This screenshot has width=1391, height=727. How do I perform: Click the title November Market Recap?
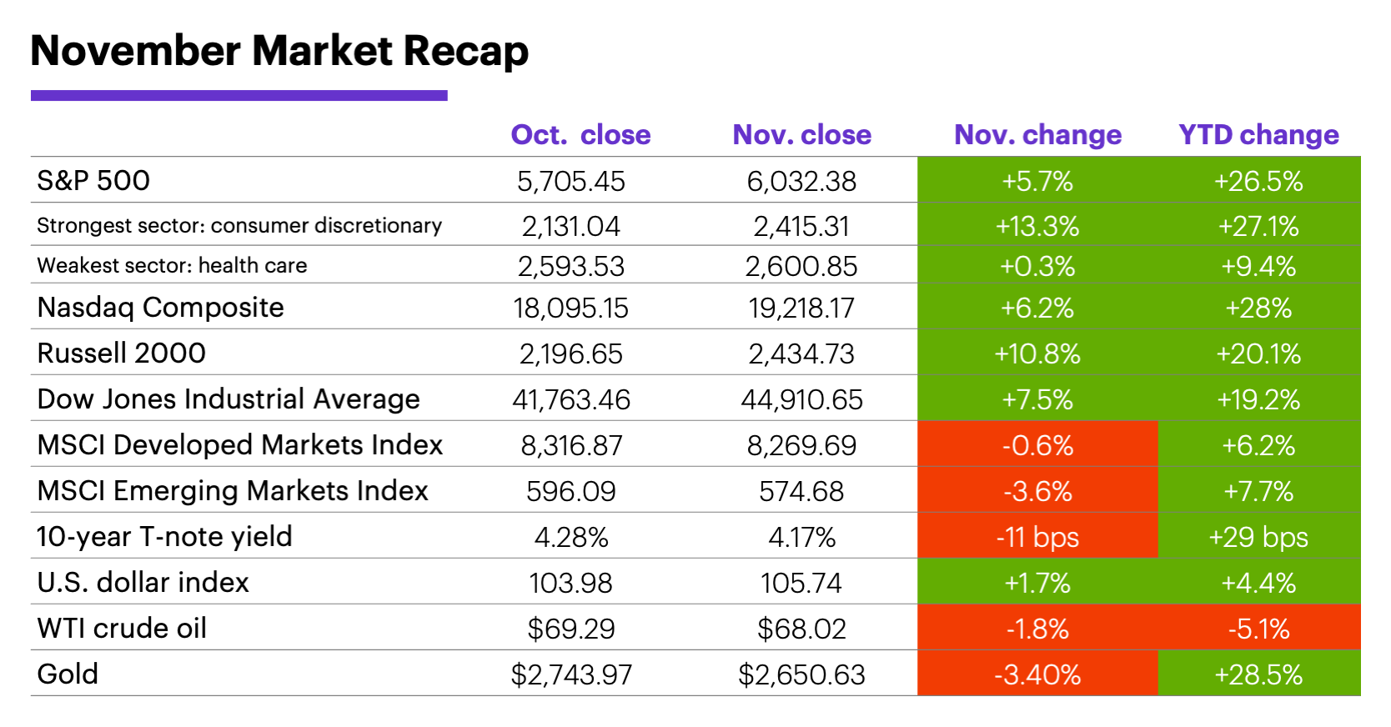click(279, 51)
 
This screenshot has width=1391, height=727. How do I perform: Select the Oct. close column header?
click(580, 135)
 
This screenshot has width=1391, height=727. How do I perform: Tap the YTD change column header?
click(1258, 135)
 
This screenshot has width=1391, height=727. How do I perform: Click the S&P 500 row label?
click(93, 181)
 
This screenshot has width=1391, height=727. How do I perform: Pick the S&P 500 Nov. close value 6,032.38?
click(801, 182)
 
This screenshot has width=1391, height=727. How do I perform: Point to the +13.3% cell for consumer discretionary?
click(1037, 226)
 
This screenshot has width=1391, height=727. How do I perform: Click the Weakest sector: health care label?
click(172, 266)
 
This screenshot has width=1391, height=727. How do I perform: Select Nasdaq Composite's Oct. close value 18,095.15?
click(570, 308)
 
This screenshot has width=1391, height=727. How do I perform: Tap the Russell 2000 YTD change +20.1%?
click(1258, 354)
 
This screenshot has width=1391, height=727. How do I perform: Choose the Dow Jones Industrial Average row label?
click(228, 399)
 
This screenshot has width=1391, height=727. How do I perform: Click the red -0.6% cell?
click(1037, 445)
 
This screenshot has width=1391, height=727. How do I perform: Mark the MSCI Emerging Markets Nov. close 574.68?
click(801, 491)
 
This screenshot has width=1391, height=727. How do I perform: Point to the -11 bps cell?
click(1037, 537)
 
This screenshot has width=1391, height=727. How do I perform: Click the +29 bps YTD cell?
click(1258, 537)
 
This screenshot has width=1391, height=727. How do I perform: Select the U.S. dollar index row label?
click(143, 582)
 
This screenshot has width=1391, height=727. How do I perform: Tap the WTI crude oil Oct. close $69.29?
click(570, 629)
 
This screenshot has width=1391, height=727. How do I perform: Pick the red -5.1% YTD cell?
click(1258, 629)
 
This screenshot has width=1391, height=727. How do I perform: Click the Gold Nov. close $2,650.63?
click(801, 674)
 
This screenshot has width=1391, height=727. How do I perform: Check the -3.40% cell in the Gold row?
click(1037, 674)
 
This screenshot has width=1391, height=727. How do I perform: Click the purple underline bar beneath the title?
click(239, 96)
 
